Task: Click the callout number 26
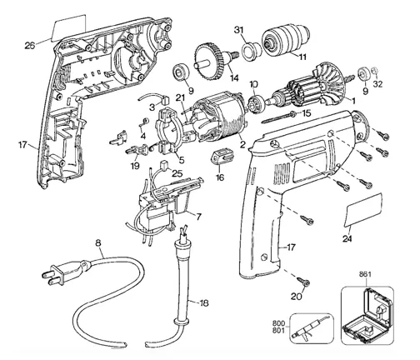point(31,46)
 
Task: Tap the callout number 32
point(377,83)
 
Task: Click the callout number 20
point(297,295)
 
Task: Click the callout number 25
point(177,172)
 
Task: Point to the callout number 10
point(254,83)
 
